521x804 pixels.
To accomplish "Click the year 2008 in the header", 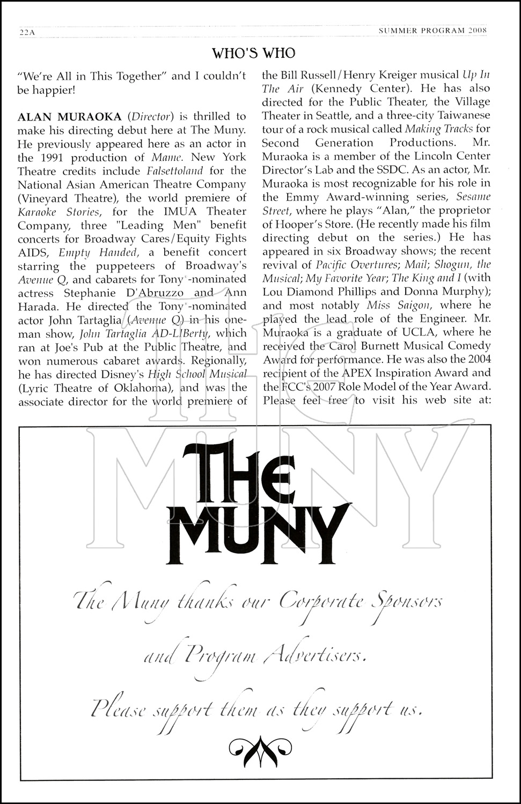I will tap(477, 31).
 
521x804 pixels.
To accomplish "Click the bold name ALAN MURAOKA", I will tap(69, 116).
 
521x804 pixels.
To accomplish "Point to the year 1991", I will tap(47, 157).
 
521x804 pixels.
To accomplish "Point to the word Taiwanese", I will tap(467, 116).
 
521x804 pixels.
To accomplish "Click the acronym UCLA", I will tap(426, 332).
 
